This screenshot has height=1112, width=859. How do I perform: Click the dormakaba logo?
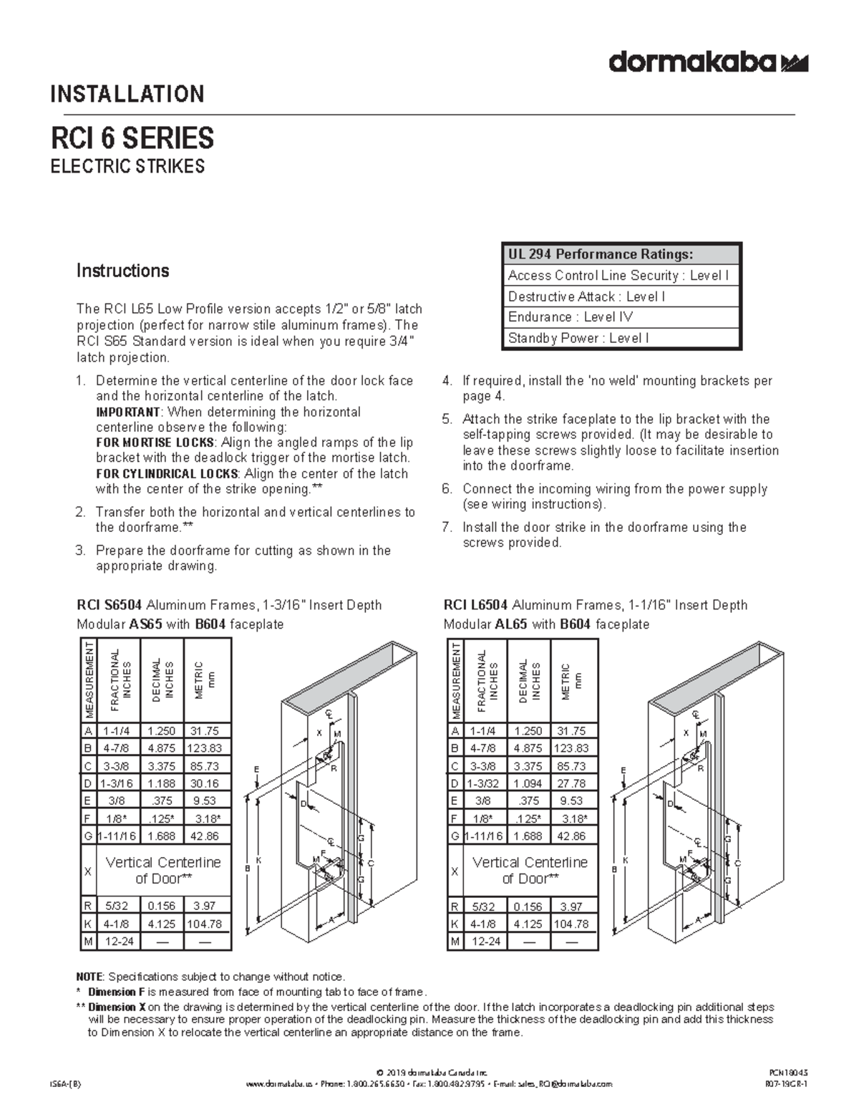[x=708, y=63]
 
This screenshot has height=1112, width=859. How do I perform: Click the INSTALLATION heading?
[x=127, y=94]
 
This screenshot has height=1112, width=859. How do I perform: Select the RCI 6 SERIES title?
[x=131, y=137]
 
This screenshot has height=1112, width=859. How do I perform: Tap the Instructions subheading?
[x=122, y=271]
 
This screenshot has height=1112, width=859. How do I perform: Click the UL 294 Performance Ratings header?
[x=600, y=254]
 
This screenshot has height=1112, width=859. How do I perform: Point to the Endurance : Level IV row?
[x=571, y=317]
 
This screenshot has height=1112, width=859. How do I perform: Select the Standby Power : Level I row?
[x=578, y=338]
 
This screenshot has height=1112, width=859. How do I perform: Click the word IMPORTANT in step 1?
[x=128, y=412]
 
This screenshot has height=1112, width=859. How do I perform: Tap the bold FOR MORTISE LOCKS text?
[x=155, y=443]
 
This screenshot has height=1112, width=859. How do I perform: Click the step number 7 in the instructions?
[x=447, y=528]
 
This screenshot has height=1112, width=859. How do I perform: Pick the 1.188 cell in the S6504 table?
[x=161, y=783]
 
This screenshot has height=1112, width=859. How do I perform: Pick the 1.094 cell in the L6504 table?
[x=528, y=783]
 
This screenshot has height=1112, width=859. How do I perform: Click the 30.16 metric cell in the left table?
[x=205, y=783]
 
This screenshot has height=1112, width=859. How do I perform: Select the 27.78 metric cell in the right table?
[x=571, y=783]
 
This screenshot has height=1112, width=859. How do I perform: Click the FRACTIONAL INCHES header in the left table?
[x=120, y=680]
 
